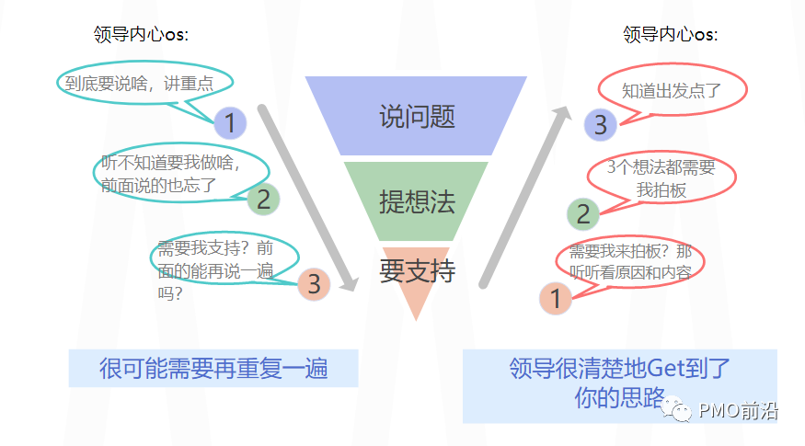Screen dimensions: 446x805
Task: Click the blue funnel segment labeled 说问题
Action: (x=416, y=116)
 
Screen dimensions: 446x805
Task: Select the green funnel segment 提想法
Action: (x=416, y=201)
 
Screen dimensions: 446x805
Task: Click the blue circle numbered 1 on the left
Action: (x=230, y=122)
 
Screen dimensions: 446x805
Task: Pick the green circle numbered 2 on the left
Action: (x=262, y=199)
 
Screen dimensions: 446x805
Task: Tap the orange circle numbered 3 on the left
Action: (x=314, y=284)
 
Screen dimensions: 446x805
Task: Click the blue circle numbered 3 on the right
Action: (x=600, y=124)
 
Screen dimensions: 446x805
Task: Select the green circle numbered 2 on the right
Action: (x=582, y=214)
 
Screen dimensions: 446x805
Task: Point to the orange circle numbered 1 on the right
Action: (x=555, y=298)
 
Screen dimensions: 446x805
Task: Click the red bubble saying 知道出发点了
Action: (x=671, y=90)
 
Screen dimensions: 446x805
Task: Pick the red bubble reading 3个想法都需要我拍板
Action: (x=661, y=178)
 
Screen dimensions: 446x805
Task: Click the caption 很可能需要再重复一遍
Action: (x=213, y=369)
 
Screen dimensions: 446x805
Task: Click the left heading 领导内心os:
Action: (x=141, y=35)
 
